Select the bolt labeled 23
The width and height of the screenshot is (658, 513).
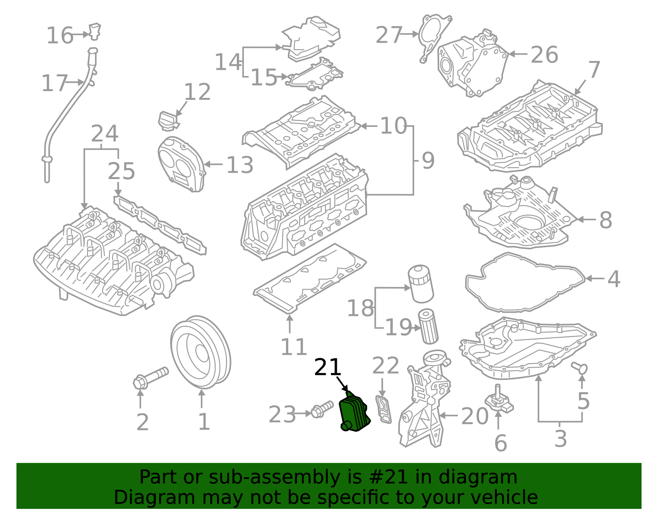pos(322,409)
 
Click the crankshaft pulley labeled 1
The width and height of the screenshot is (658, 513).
pos(200,352)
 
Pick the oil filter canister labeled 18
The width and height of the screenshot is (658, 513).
pos(420,283)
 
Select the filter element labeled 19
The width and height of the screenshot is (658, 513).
pos(428,327)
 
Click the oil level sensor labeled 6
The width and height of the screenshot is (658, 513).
pos(498,401)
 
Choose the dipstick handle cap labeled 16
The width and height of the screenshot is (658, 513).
pos(95,31)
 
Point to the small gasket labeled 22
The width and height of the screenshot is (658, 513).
pos(383,409)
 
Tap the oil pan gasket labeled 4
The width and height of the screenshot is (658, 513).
pos(524,283)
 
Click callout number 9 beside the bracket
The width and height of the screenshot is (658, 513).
pos(428,161)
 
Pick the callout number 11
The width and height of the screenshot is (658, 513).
pos(293,347)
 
